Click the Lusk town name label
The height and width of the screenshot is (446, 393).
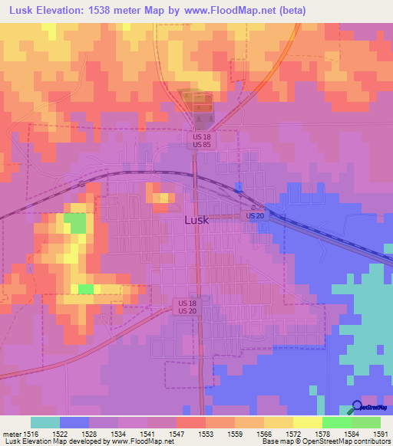196,219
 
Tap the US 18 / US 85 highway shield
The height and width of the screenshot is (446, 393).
202,139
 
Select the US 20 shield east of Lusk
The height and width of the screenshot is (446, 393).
256,216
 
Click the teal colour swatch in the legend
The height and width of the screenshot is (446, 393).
45,422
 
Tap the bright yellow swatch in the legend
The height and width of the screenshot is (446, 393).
307,422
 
